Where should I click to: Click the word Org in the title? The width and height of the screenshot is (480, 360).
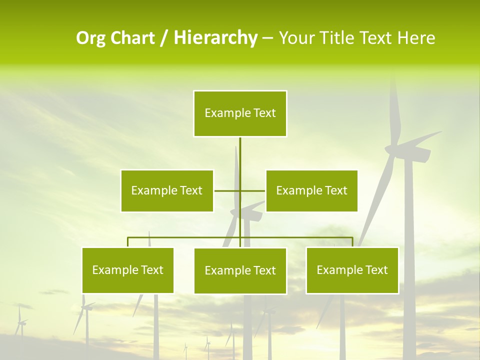[90, 38]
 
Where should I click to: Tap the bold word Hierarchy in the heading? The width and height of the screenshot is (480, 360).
[215, 38]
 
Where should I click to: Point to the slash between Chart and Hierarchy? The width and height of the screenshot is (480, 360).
[164, 38]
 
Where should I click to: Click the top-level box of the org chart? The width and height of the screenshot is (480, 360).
[240, 113]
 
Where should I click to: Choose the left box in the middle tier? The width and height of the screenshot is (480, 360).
[167, 190]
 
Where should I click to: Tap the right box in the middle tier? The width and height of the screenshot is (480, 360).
[311, 190]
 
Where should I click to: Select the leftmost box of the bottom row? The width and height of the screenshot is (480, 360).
[127, 270]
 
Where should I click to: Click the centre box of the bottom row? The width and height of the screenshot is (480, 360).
[240, 270]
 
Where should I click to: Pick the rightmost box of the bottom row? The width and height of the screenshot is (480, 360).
[352, 270]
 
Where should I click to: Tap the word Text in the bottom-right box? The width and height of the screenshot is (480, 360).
[376, 270]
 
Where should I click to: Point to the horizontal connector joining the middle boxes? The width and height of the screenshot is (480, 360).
[227, 190]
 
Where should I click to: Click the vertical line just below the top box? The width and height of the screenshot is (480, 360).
[240, 150]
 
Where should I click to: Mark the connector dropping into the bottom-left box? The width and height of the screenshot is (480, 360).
[128, 242]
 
